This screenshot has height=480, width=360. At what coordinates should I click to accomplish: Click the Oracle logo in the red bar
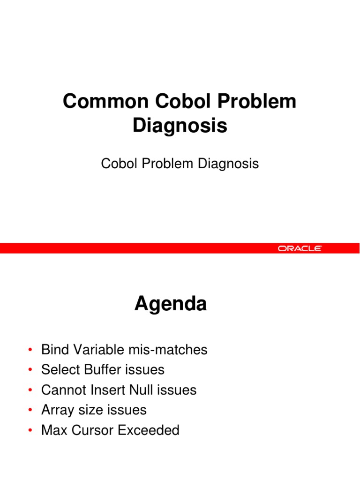(x=300, y=248)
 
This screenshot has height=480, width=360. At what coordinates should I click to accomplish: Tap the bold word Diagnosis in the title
(x=180, y=126)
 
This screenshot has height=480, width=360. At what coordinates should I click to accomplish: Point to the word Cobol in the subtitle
(x=117, y=164)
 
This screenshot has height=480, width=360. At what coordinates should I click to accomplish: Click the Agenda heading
(x=171, y=304)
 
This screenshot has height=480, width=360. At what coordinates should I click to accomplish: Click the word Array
(x=57, y=410)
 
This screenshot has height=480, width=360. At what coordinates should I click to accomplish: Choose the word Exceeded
(x=149, y=430)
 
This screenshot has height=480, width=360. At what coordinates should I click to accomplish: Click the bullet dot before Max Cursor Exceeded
(x=30, y=431)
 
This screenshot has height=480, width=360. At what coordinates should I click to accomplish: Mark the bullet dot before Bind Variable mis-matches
(x=30, y=350)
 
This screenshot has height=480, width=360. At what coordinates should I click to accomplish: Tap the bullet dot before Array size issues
(x=30, y=411)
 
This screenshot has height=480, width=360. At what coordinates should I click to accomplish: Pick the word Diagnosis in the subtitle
(x=228, y=164)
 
